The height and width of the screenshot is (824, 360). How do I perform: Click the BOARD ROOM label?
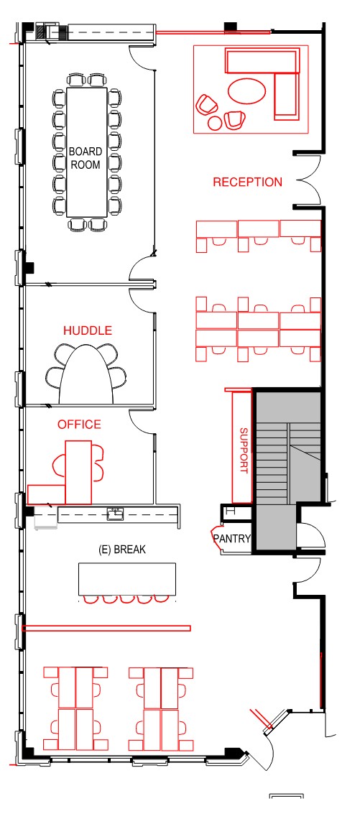click(86, 157)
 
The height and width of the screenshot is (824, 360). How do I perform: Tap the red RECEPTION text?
click(247, 182)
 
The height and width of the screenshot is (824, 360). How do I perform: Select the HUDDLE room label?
click(88, 330)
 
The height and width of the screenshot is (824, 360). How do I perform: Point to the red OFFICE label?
click(79, 424)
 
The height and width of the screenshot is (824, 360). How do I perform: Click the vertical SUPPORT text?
click(244, 450)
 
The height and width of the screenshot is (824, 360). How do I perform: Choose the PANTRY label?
click(232, 538)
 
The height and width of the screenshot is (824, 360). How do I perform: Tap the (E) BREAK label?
click(122, 550)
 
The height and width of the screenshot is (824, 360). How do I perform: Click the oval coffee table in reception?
click(247, 91)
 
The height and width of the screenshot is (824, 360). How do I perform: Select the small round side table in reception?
click(215, 123)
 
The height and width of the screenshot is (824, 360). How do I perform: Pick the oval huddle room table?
click(86, 374)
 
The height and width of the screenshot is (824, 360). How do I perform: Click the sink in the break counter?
click(115, 513)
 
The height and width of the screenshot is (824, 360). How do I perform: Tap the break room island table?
click(127, 579)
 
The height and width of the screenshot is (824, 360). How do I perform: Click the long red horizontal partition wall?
click(106, 628)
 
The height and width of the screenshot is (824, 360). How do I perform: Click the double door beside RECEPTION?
click(309, 180)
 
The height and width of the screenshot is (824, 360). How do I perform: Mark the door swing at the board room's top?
click(141, 57)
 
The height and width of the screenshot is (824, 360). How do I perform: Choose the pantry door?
click(216, 537)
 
